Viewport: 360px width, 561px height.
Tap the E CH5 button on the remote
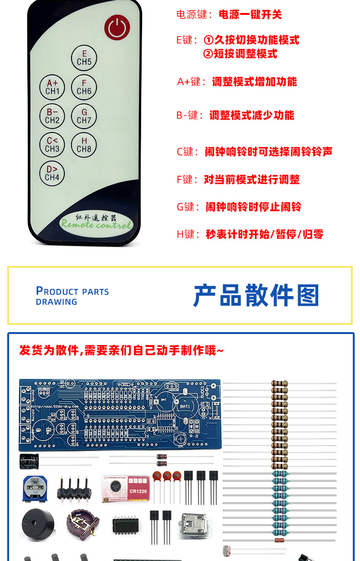pyautogui.click(x=84, y=58)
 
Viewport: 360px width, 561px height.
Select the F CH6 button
pyautogui.click(x=84, y=87)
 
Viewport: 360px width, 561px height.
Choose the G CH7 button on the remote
pyautogui.click(x=84, y=116)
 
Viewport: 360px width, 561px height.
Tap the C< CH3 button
pyautogui.click(x=52, y=144)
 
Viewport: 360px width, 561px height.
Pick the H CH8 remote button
pyautogui.click(x=84, y=144)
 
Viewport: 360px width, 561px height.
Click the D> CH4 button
pyautogui.click(x=52, y=173)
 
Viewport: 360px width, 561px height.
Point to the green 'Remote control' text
pyautogui.click(x=96, y=224)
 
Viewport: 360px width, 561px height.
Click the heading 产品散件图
pyautogui.click(x=256, y=295)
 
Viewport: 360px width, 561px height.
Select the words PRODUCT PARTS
pyautogui.click(x=72, y=291)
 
